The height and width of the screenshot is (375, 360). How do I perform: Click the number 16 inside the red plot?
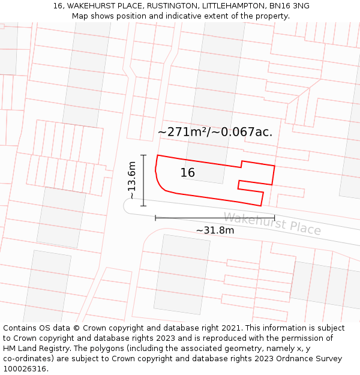tap(188, 173)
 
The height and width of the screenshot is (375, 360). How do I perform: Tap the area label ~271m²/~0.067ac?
tap(215, 132)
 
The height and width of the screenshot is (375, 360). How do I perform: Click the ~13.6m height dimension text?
tap(133, 180)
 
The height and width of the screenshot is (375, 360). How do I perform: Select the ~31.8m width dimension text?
tap(215, 230)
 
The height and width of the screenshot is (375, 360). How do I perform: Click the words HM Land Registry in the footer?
tap(34, 349)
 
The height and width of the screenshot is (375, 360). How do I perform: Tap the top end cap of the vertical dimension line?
tap(143, 155)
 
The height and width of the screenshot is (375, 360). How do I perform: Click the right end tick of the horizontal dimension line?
tap(274, 218)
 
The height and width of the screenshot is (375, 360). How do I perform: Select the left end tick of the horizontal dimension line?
tap(155, 218)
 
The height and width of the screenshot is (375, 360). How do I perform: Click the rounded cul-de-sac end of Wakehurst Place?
tap(130, 206)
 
